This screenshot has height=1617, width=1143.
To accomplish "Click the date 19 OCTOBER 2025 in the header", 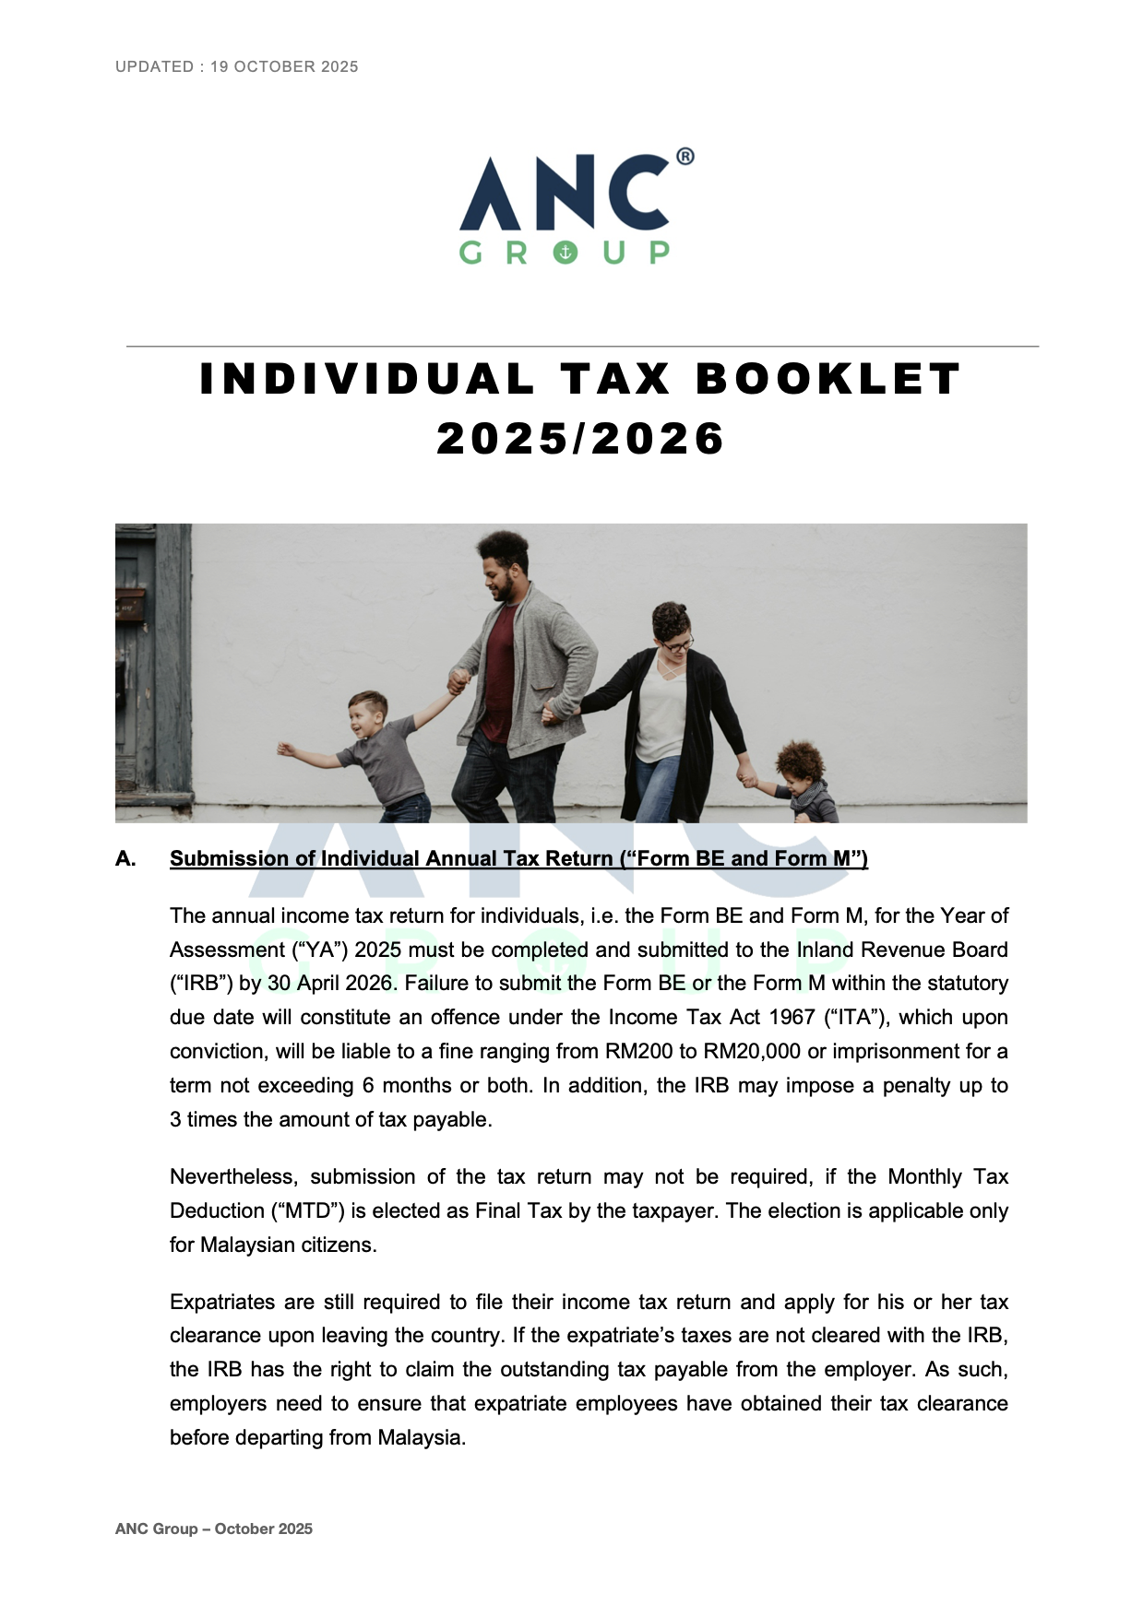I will (284, 66).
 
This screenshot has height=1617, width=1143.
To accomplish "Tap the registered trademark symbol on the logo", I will (685, 157).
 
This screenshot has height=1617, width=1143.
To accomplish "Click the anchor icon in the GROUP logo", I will (566, 252).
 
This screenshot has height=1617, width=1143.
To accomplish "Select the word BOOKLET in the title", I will (827, 379).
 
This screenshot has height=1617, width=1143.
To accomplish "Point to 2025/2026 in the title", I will (580, 438).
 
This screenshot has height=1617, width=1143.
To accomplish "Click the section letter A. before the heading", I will (125, 859).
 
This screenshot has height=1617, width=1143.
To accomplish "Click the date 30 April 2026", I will (331, 983).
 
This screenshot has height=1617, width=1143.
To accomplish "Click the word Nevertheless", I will (234, 1176).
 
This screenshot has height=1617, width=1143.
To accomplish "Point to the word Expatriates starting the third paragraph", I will (224, 1302).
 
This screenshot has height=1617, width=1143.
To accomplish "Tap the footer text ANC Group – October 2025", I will (214, 1528).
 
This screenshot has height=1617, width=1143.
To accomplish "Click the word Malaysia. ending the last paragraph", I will (422, 1437).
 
